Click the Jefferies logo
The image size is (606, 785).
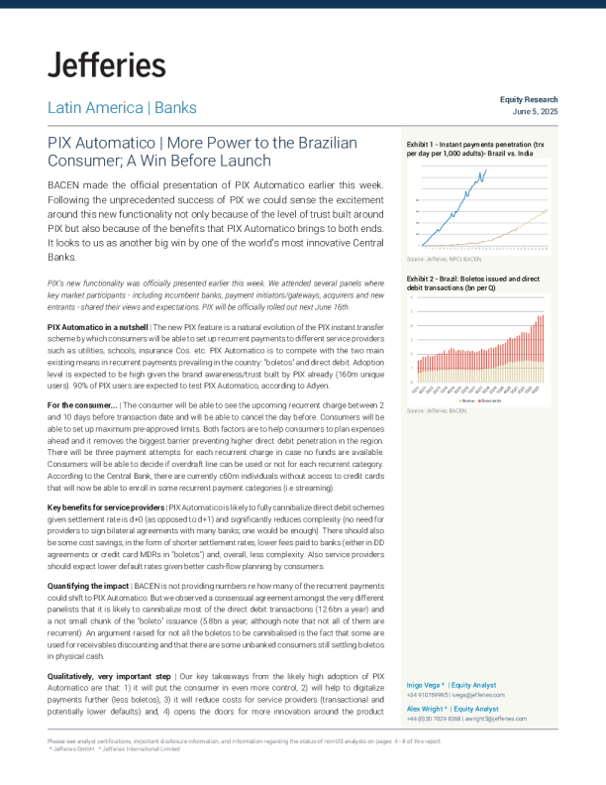106,65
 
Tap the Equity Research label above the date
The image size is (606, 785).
529,100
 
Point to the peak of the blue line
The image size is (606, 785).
485,170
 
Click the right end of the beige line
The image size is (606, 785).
547,209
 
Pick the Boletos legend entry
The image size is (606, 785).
467,400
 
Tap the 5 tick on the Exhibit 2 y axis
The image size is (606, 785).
412,312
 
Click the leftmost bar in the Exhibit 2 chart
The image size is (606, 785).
418,372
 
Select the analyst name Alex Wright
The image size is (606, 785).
427,709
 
